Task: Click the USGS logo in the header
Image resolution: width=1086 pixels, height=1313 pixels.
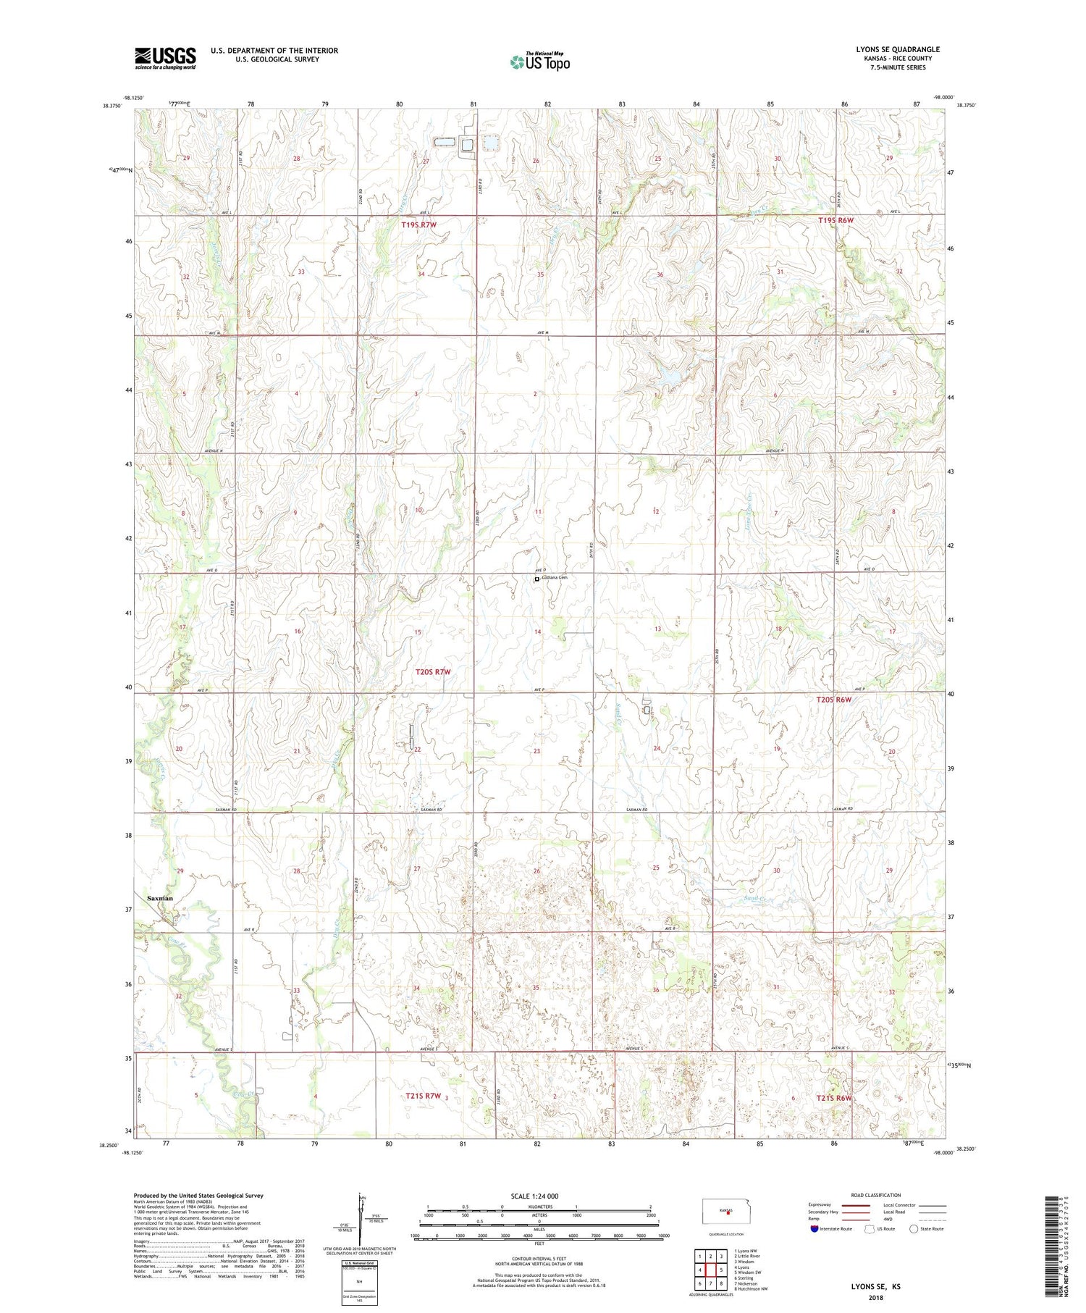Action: pyautogui.click(x=165, y=58)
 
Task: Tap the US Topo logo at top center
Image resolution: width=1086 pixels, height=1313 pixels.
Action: pyautogui.click(x=539, y=62)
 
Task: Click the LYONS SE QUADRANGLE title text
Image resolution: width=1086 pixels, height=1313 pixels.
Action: pyautogui.click(x=897, y=49)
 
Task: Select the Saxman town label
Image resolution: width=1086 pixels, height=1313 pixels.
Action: pyautogui.click(x=160, y=898)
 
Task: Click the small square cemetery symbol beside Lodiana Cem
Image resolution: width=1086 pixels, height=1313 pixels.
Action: pyautogui.click(x=536, y=579)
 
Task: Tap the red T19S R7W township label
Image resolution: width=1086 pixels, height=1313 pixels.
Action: pyautogui.click(x=419, y=225)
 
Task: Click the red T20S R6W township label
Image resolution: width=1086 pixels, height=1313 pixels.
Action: pyautogui.click(x=834, y=700)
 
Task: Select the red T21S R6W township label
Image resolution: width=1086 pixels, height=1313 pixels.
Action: pyautogui.click(x=834, y=1099)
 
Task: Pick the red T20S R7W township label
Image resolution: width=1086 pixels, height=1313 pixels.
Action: pyautogui.click(x=433, y=672)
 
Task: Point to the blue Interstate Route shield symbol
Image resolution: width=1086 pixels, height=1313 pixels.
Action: pyautogui.click(x=814, y=1228)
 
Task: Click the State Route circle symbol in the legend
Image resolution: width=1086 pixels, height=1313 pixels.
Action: pyautogui.click(x=914, y=1228)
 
